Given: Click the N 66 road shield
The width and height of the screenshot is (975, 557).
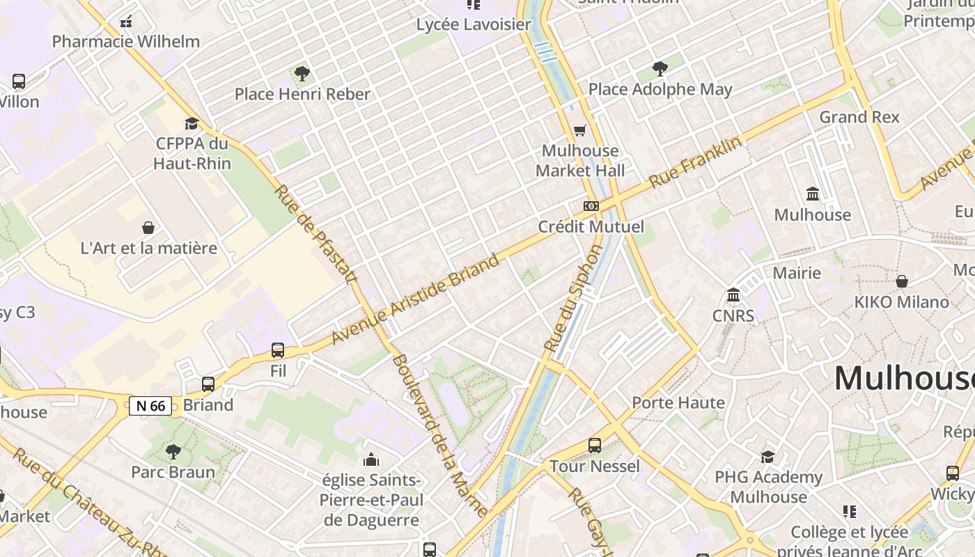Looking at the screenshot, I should coord(150,406).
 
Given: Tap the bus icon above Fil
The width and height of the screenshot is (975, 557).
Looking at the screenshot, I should coord(278,350).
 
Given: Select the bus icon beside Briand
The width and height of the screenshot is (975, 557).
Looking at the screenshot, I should coord(208,384).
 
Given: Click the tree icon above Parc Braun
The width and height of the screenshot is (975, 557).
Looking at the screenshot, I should coord(173,452).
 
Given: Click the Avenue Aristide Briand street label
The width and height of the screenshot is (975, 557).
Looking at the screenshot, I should coord(415,299).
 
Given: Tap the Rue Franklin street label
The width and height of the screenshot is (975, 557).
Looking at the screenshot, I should coord(694,162).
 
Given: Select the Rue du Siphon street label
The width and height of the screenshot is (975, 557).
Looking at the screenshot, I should coord(572,298).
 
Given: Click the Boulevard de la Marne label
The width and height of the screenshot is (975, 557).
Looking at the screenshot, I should coord(439,436).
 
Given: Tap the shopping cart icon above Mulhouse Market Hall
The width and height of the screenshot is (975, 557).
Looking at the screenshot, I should coord(580,130).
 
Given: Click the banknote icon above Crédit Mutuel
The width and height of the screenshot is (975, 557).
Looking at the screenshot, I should coord(591,206).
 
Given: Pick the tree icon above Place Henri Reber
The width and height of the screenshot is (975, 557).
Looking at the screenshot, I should coord(302,73).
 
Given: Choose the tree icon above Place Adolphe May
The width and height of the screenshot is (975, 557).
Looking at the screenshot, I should coord(660,68).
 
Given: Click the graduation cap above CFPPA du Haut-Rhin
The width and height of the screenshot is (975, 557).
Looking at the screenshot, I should coord(192,123).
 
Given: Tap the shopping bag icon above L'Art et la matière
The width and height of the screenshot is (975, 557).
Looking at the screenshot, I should coord(148,228).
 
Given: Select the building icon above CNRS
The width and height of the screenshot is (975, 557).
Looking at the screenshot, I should coord(733,295).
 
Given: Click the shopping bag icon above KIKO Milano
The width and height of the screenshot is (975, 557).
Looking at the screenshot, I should coord(902,281).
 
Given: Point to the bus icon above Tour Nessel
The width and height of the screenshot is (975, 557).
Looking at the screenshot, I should coord(595,446).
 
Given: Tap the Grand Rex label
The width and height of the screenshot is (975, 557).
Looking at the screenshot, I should coord(859,117).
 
